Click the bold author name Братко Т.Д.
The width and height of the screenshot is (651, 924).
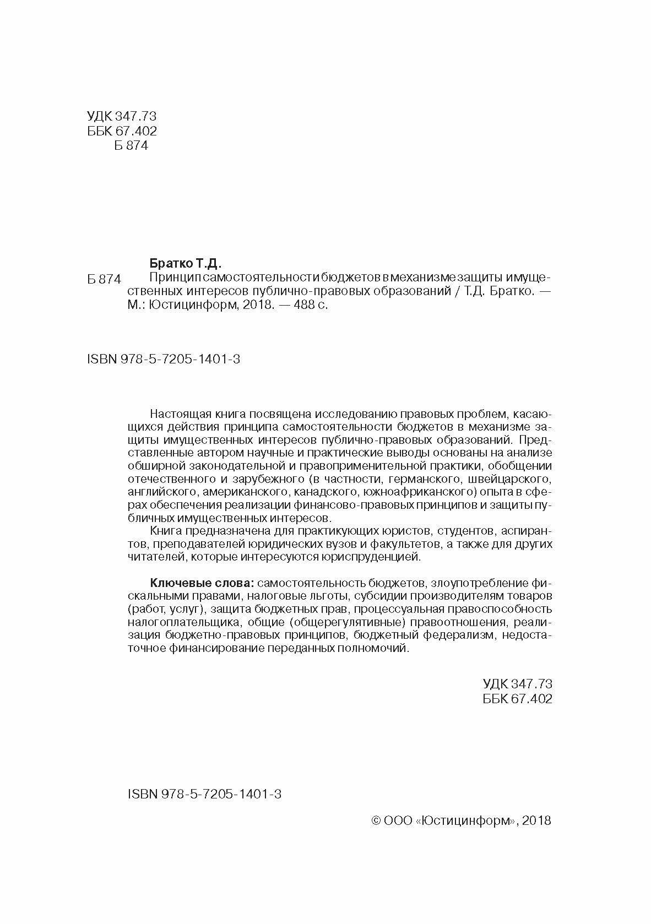(x=185, y=263)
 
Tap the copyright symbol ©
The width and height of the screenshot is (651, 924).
(x=377, y=820)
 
